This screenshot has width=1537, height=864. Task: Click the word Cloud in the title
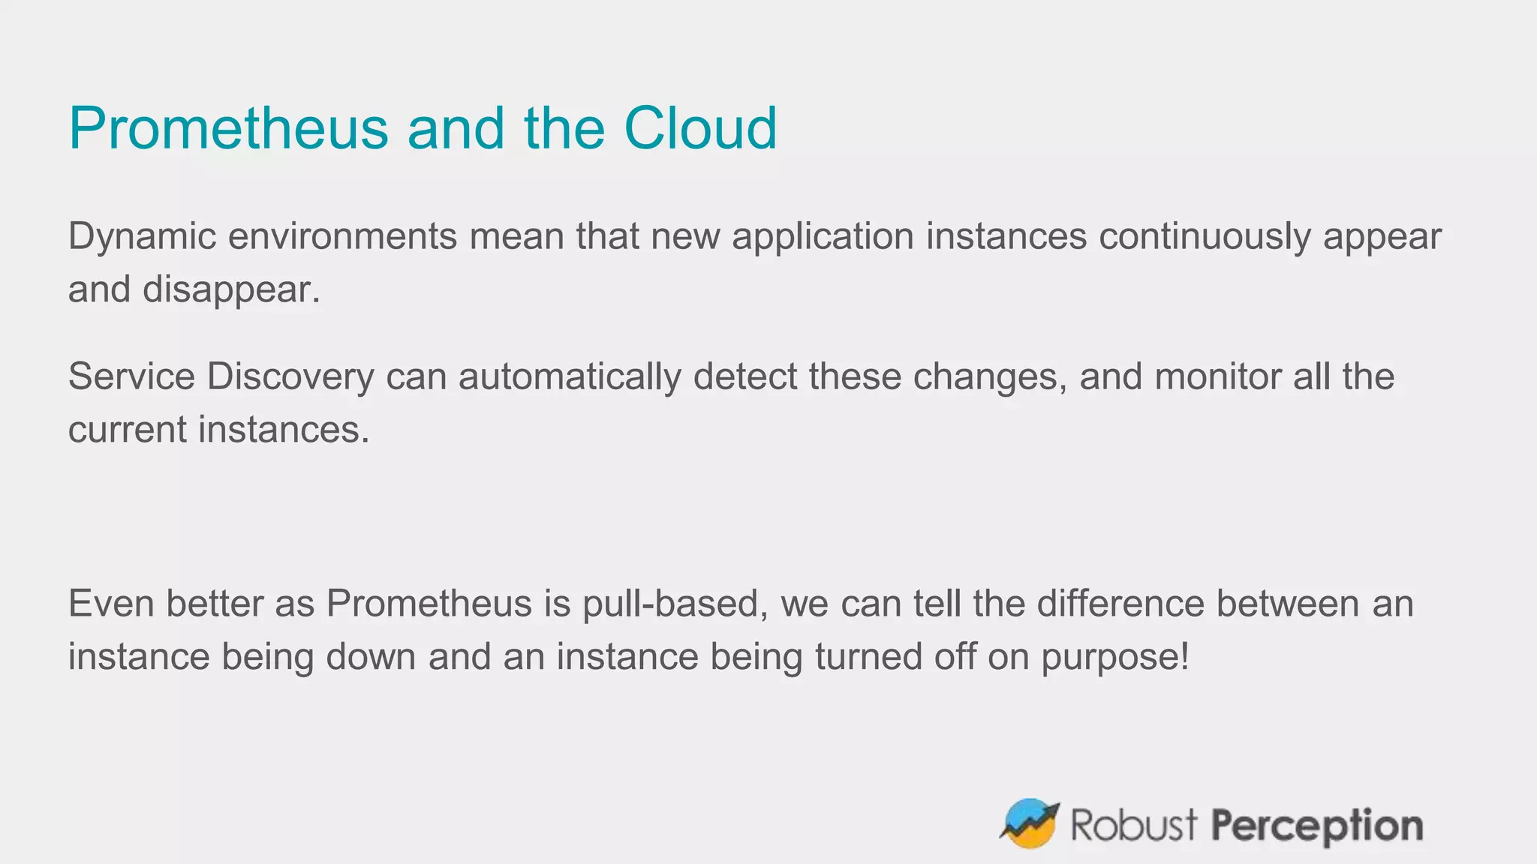point(700,128)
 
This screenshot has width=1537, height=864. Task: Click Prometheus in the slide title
point(228,128)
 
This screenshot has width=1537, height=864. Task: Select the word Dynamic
point(142,237)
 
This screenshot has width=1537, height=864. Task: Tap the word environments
point(342,237)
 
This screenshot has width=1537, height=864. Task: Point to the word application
point(823,237)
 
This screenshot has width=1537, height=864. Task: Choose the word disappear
point(231,290)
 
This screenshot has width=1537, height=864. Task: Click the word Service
point(131,376)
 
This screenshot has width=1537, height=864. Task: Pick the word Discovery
point(290,376)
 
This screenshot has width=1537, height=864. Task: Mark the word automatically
point(570,376)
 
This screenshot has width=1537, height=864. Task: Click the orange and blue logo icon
point(1030,823)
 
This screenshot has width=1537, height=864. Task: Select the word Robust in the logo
point(1133,825)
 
